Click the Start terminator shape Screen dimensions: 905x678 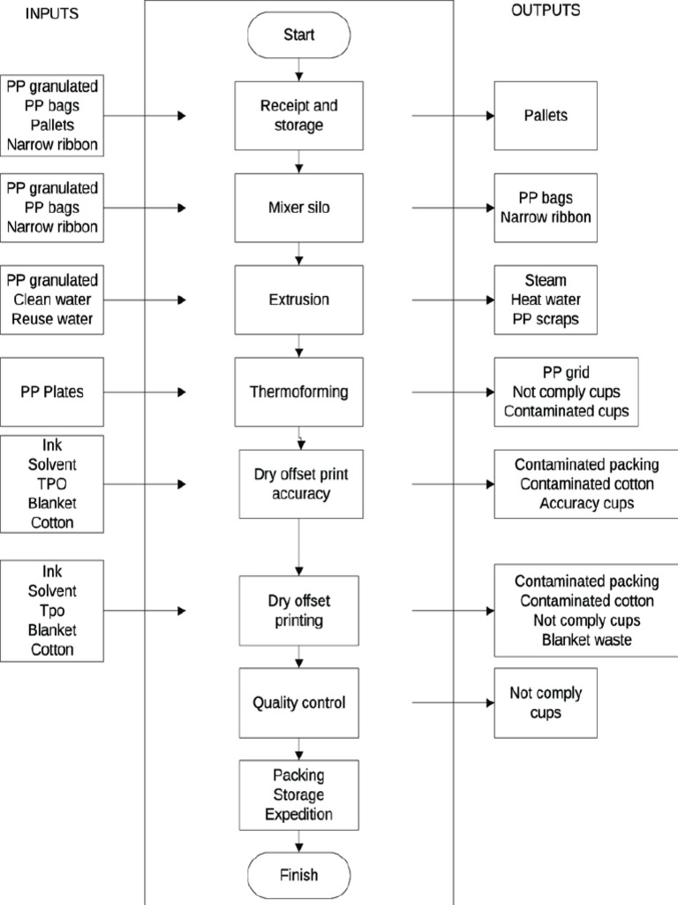pyautogui.click(x=299, y=35)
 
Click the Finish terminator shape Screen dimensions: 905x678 pyautogui.click(x=299, y=876)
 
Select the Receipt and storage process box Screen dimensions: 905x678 pyautogui.click(x=299, y=116)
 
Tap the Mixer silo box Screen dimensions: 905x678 pyautogui.click(x=299, y=208)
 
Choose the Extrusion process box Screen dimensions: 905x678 pyautogui.click(x=299, y=300)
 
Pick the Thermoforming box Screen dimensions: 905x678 pyautogui.click(x=299, y=392)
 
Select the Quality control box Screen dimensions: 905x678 pyautogui.click(x=299, y=703)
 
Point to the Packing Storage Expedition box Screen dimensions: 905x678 pyautogui.click(x=299, y=795)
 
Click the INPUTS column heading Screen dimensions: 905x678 pyautogui.click(x=53, y=12)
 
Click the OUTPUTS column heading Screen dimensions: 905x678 pyautogui.click(x=546, y=11)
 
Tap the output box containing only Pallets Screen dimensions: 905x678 pyautogui.click(x=545, y=116)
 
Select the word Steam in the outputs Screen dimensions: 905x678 pyautogui.click(x=546, y=280)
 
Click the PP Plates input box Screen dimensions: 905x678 pyautogui.click(x=52, y=392)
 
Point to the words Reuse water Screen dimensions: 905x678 pyautogui.click(x=52, y=319)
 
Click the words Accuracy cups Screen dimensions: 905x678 pyautogui.click(x=587, y=504)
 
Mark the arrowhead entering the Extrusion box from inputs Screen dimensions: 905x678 pyautogui.click(x=182, y=300)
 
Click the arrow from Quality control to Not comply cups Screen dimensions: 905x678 pyautogui.click(x=450, y=703)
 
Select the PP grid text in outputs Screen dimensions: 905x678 pyautogui.click(x=566, y=371)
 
